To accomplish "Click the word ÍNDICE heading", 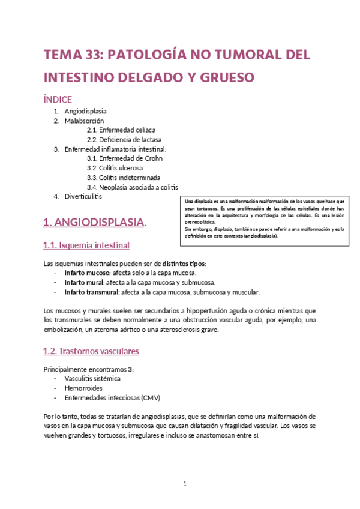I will coord(58,98).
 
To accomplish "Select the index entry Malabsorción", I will coord(84,121).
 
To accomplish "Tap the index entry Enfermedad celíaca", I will coord(121,130).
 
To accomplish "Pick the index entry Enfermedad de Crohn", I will coord(125,158).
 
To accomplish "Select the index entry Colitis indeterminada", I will coord(123,178).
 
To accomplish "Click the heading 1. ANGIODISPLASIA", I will coord(94,222).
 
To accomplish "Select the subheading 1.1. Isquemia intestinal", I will coord(86,245).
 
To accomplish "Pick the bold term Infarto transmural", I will coord(91,292).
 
